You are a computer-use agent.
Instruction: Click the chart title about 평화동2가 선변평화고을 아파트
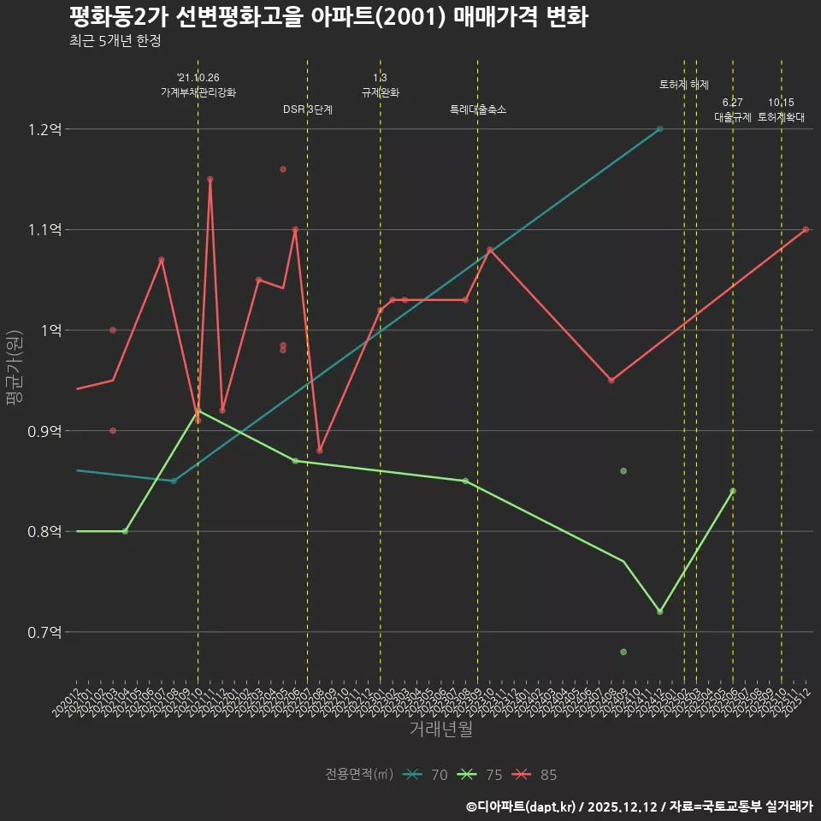pyautogui.click(x=328, y=17)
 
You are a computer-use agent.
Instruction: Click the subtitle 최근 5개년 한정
pyautogui.click(x=115, y=41)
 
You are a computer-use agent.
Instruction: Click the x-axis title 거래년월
pyautogui.click(x=440, y=729)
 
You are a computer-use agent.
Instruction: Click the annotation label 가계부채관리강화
pyautogui.click(x=198, y=92)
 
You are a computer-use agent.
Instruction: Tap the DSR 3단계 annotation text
pyautogui.click(x=308, y=109)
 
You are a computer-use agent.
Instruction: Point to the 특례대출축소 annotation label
pyautogui.click(x=478, y=109)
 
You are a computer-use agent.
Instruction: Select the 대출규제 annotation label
pyautogui.click(x=733, y=117)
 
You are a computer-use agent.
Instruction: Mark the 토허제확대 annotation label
pyautogui.click(x=781, y=117)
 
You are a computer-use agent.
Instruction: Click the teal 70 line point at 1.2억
pyautogui.click(x=659, y=129)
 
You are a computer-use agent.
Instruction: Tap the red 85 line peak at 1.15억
pyautogui.click(x=210, y=180)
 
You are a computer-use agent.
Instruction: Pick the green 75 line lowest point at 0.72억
pyautogui.click(x=659, y=611)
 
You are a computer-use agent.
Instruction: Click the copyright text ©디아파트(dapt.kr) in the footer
pyautogui.click(x=523, y=806)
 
